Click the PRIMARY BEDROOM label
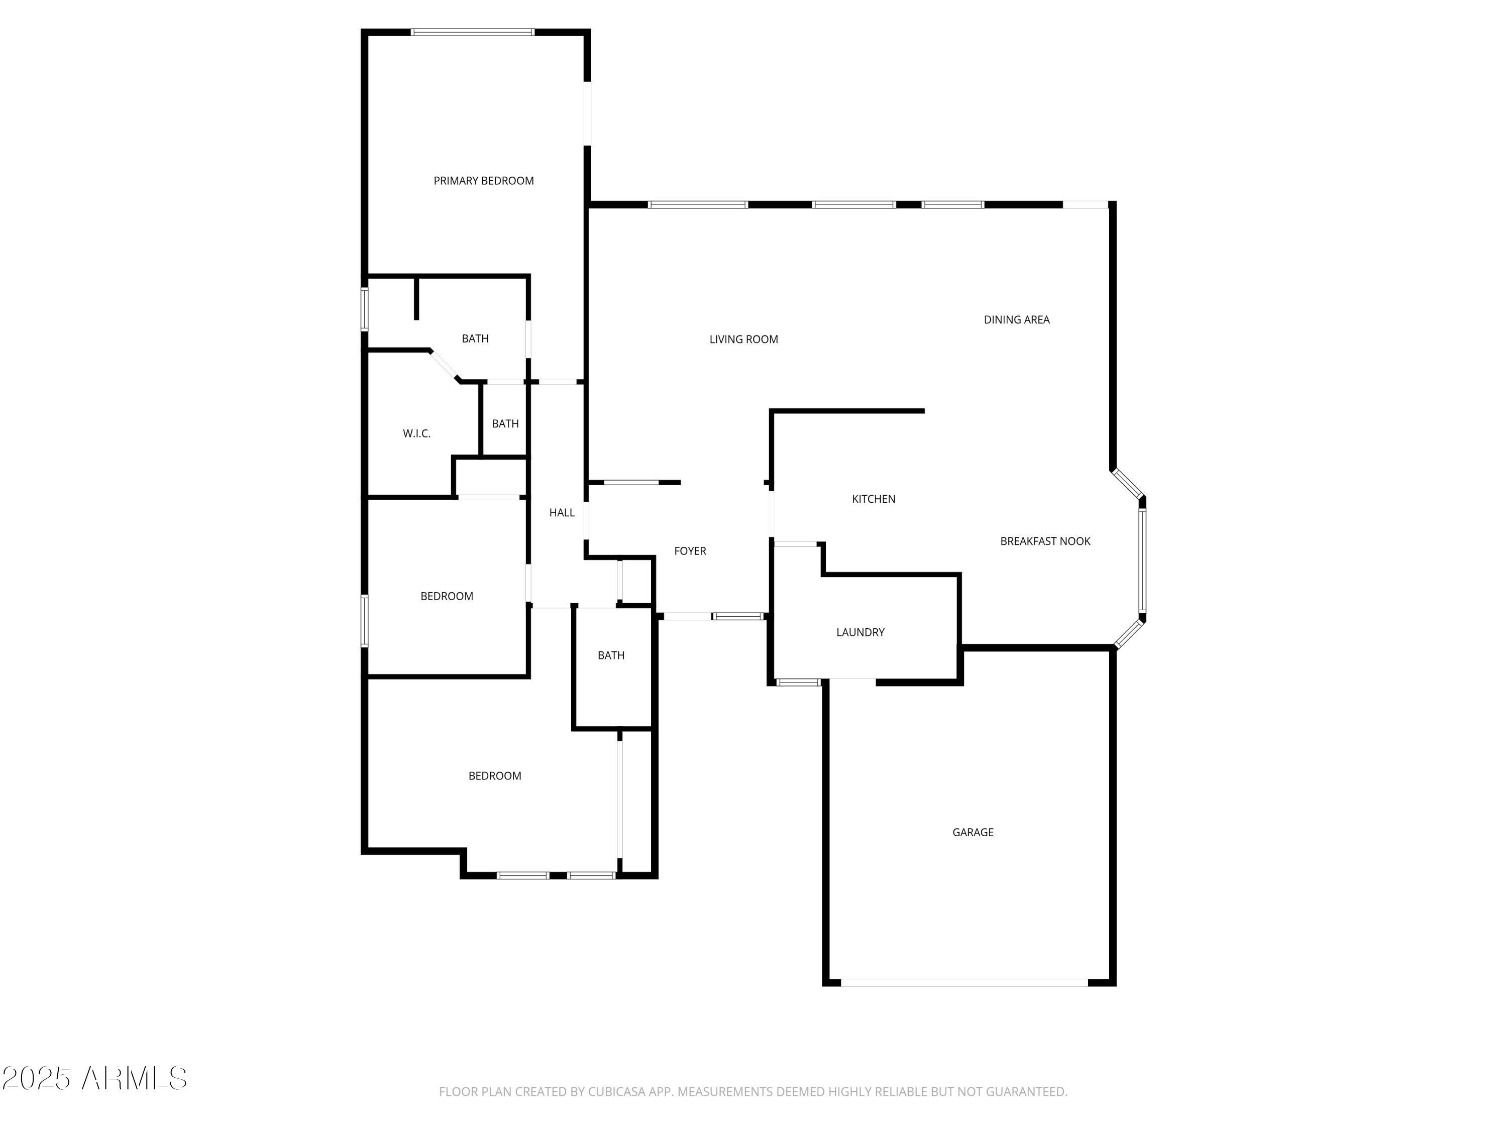pyautogui.click(x=484, y=180)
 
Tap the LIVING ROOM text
pyautogui.click(x=743, y=339)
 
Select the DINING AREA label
pyautogui.click(x=1017, y=319)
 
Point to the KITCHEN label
pyautogui.click(x=874, y=499)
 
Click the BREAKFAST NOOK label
pyautogui.click(x=1045, y=541)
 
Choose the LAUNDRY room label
pyautogui.click(x=860, y=633)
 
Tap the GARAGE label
pyautogui.click(x=973, y=832)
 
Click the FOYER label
pyautogui.click(x=690, y=551)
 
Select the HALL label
pyautogui.click(x=562, y=513)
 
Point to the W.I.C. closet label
pyautogui.click(x=416, y=434)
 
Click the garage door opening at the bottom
pyautogui.click(x=964, y=983)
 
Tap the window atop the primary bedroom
pyautogui.click(x=472, y=32)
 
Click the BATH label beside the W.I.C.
pyautogui.click(x=505, y=424)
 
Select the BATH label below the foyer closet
pyautogui.click(x=611, y=655)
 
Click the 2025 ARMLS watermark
pyautogui.click(x=95, y=1078)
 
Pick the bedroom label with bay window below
pyautogui.click(x=495, y=776)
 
